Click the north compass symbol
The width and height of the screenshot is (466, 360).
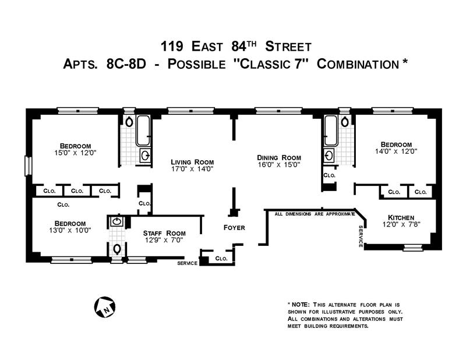point(105,307)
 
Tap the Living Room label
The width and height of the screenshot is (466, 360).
point(192,162)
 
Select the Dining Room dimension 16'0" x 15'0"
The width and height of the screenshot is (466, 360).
point(279,164)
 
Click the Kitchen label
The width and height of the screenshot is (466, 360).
point(401,217)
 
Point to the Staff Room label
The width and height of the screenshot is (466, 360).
point(164,233)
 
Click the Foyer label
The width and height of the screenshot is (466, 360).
point(234,228)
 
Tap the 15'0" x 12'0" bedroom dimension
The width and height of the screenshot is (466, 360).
point(75,153)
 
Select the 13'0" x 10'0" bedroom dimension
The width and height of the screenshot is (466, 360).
point(70,230)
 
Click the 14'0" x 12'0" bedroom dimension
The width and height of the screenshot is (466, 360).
point(396,151)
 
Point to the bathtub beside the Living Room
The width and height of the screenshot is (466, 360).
point(143,130)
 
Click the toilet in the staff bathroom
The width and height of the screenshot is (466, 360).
point(118,249)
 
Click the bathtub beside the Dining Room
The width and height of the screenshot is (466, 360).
point(330,130)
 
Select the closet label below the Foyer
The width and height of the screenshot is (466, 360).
point(221,258)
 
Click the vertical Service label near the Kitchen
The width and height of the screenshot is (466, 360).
point(361,237)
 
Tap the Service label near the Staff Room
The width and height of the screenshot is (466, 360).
point(187,263)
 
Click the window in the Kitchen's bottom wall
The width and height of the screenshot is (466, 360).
point(413,248)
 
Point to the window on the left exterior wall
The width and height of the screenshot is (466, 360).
point(28,166)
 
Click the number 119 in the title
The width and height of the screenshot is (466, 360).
point(172,47)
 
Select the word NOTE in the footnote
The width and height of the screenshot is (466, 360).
point(301,305)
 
